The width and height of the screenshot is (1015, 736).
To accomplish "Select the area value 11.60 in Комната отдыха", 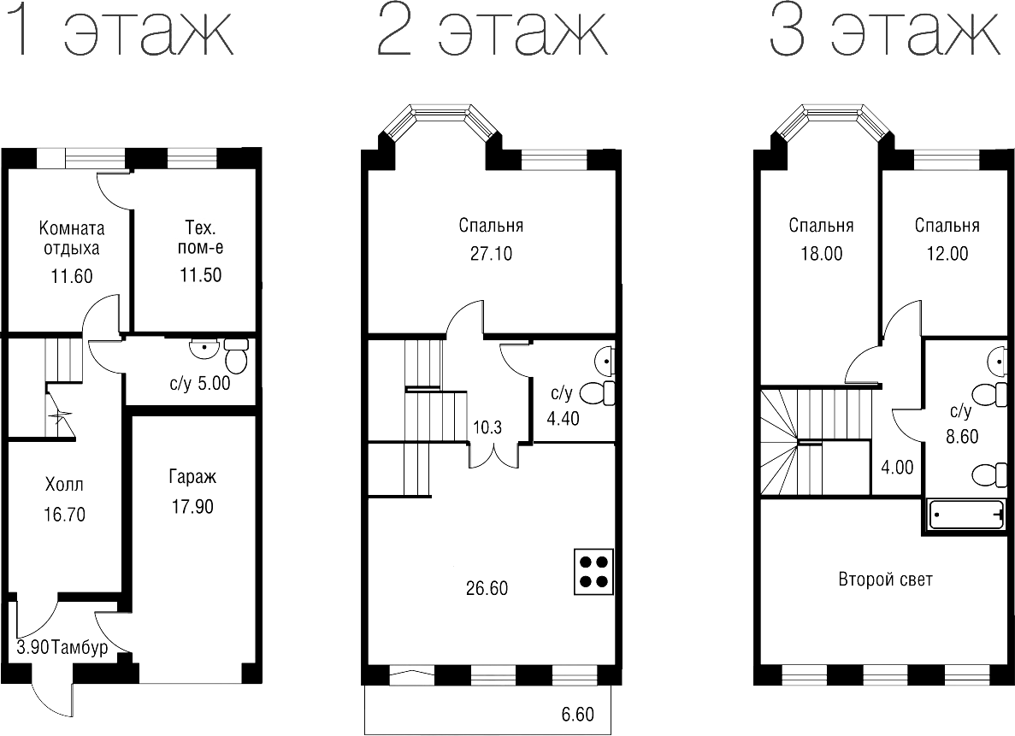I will click(72, 276).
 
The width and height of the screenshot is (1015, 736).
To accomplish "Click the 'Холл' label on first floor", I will click(65, 486).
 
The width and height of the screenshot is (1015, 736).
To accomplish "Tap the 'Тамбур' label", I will click(80, 647).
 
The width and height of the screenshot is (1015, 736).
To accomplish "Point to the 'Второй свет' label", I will click(885, 580).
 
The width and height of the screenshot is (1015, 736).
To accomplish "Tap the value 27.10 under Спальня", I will click(491, 254).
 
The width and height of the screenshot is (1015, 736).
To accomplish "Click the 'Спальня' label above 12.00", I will click(947, 226).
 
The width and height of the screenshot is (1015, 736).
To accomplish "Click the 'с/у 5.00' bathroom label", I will click(200, 384).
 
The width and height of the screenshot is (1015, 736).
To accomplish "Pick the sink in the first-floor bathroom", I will click(204, 348).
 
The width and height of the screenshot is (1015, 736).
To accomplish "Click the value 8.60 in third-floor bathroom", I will click(963, 436).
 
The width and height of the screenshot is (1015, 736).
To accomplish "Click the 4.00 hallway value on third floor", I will click(897, 468).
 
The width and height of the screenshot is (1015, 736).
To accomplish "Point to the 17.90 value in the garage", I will click(191, 506).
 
